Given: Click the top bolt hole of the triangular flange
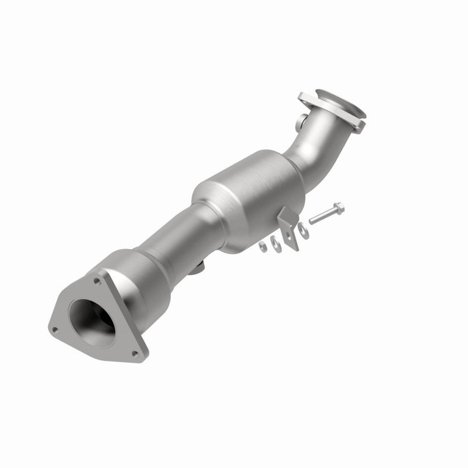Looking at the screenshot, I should pos(97,282).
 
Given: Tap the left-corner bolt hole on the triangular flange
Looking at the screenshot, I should pos(55,330).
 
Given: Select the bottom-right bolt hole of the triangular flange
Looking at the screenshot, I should pos(136,353).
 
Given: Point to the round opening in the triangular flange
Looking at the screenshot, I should pos(91,323).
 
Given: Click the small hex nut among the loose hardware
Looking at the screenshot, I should pos(262,246).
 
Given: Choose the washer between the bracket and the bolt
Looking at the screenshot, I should pos(303,229).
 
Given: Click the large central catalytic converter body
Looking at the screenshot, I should pos(250,195).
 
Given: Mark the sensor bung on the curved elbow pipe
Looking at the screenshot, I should pos(303,122).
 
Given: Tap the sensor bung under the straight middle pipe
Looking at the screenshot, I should pos(199,265).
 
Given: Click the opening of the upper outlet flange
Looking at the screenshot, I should pos(341,105).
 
